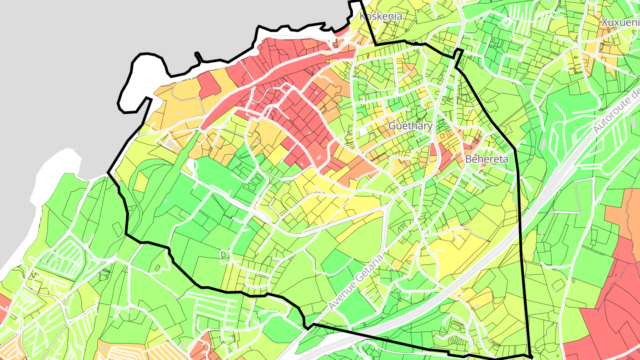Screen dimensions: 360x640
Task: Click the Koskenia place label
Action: [381, 17]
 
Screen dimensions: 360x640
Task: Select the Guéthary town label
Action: [410, 126]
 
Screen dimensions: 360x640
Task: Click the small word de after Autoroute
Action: [635, 93]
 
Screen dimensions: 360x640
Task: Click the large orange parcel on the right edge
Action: [629, 213]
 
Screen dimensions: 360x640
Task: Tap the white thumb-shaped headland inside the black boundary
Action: [133, 82]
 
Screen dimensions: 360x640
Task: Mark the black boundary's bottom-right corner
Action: [531, 357]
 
